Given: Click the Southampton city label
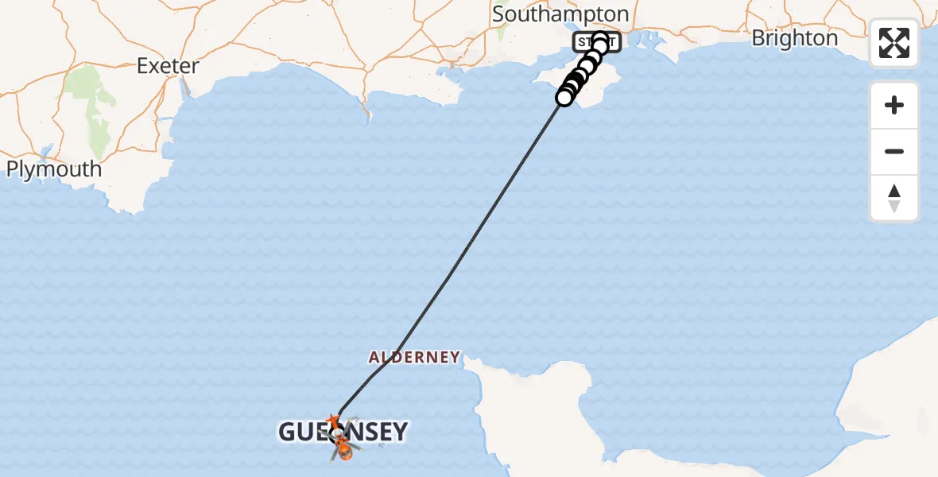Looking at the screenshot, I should tap(560, 14).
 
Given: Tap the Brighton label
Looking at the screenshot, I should tap(794, 38).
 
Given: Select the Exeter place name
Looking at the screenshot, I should tap(167, 65).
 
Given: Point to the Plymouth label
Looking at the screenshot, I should tap(54, 169).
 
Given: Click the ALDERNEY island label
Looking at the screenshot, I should tap(414, 357).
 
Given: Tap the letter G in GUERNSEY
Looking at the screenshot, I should tap(288, 432).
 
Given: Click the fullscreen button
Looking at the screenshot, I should tap(894, 43).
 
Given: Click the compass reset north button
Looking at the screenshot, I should tap(894, 198).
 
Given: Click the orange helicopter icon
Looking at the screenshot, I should tap(344, 451).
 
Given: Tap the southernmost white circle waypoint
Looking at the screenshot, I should tap(564, 97).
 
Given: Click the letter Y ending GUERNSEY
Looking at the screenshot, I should tap(399, 432).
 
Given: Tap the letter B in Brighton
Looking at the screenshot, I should tap(758, 38).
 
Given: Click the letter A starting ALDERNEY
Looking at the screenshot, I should tap(374, 357).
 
